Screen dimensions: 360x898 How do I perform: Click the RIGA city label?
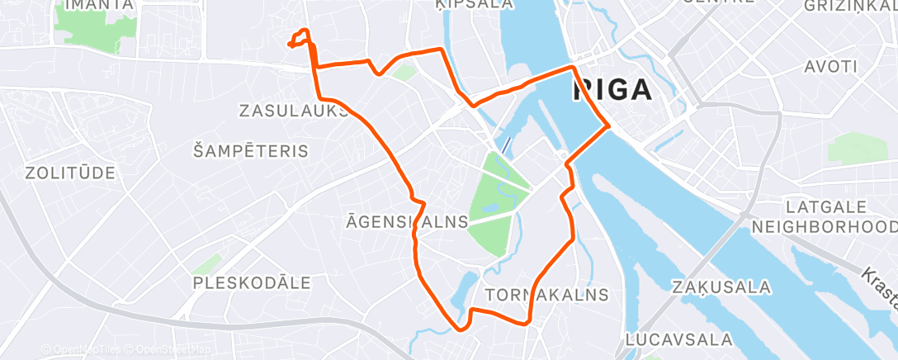coord(612,90)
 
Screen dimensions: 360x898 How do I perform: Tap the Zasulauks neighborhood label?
coord(294,110)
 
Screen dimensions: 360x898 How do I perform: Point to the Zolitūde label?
coord(69,173)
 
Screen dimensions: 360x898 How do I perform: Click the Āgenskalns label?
coord(408,221)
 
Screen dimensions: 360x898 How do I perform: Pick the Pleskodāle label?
coord(251,282)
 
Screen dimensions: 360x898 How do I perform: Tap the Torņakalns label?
coord(547,295)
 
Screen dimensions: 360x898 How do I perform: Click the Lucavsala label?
coord(678,339)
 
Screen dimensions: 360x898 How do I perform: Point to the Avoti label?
coord(830,65)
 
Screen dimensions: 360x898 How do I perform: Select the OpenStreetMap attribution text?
coord(168,350)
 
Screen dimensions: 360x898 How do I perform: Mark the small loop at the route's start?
coord(300,38)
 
